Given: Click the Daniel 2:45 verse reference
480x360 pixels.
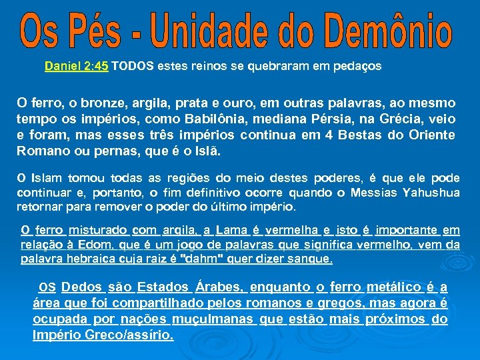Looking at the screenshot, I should coord(77,67).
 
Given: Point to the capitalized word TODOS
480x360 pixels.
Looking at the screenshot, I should coord(133,67).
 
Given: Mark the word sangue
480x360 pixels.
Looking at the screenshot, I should coord(308,259).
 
